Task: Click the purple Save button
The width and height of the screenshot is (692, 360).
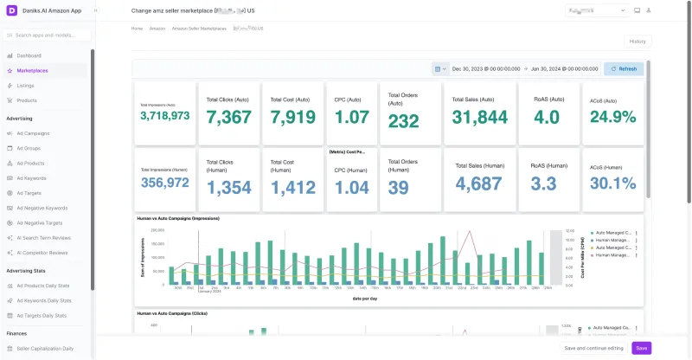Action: click(x=641, y=348)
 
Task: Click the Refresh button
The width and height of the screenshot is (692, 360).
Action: click(x=623, y=68)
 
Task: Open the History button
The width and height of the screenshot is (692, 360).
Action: click(x=637, y=42)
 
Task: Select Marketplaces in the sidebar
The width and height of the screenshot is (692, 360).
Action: click(x=32, y=70)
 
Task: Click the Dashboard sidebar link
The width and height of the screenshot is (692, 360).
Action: click(x=29, y=55)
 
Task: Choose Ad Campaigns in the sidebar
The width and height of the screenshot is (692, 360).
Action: click(x=33, y=133)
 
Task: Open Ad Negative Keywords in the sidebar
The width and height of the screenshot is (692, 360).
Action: click(x=42, y=208)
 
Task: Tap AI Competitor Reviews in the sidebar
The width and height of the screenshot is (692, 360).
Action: click(x=42, y=253)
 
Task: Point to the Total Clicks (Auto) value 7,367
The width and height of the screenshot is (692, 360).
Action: click(x=229, y=118)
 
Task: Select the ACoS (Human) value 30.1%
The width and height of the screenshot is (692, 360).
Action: click(x=612, y=183)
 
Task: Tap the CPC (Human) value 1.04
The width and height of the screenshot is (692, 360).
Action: click(x=351, y=187)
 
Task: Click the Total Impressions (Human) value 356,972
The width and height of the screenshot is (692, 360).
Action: click(x=164, y=183)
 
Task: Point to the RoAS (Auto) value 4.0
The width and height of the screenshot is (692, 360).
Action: click(x=547, y=117)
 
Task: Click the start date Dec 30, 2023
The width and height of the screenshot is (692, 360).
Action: click(x=478, y=68)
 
